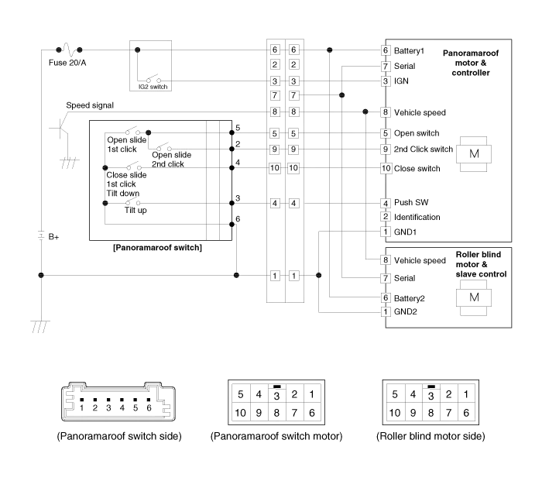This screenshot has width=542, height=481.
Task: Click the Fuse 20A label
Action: pos(67,63)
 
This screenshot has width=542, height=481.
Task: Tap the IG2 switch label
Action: pos(153,86)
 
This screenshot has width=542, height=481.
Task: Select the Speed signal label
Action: pos(89,105)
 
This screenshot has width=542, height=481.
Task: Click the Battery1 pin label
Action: pos(410,51)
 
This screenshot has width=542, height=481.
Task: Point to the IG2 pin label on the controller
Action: pos(401,81)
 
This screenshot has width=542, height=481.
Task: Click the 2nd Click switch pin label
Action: pos(423,149)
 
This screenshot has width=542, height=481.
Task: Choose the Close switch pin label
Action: pos(417,168)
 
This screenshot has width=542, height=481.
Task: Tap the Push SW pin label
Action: pos(411,202)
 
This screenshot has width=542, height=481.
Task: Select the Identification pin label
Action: pos(417,217)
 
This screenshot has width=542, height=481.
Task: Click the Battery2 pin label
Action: pos(410,297)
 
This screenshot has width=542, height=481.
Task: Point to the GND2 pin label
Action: pos(406,312)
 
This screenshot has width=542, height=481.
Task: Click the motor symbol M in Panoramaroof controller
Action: pos(474,154)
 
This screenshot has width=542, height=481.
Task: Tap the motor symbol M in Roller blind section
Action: pos(475,297)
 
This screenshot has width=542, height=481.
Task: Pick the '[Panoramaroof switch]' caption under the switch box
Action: pos(157,248)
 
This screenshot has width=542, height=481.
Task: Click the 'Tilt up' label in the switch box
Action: pos(137,211)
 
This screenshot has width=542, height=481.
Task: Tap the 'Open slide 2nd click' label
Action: pos(171,159)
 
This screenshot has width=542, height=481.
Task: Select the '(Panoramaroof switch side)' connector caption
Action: pos(120,437)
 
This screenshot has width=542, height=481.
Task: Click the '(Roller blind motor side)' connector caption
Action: pos(431,437)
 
